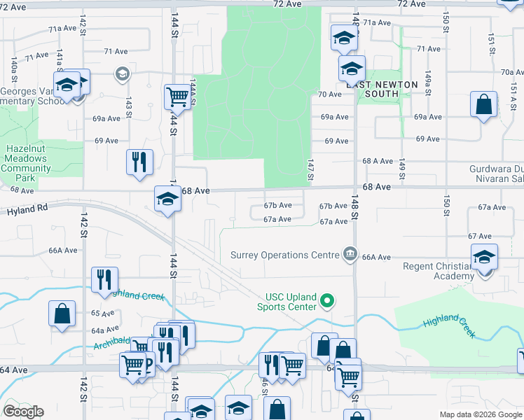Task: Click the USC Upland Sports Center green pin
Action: click(x=326, y=302)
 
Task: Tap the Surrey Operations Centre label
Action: click(x=284, y=255)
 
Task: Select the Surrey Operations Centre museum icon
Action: click(x=350, y=254)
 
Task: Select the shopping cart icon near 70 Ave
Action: click(x=177, y=96)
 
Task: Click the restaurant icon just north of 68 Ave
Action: click(x=139, y=161)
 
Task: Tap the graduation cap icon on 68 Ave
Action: click(x=167, y=199)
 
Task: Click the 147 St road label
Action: click(x=309, y=167)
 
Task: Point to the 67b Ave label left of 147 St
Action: click(x=277, y=206)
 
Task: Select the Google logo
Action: click(x=23, y=412)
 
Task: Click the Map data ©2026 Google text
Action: click(x=481, y=414)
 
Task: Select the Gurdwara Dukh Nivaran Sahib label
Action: click(x=495, y=173)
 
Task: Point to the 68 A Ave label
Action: click(x=377, y=161)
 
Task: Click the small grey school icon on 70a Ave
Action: click(x=122, y=73)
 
